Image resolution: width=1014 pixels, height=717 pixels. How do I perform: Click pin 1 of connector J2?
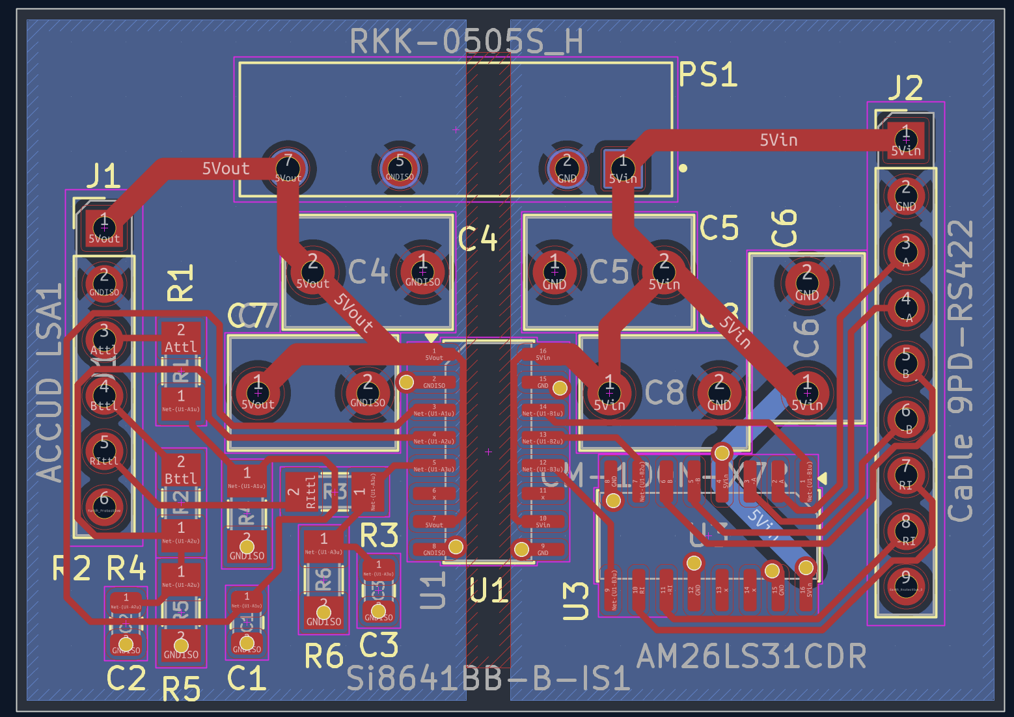point(905,139)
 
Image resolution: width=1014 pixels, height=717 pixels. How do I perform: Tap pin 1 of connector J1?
point(104,228)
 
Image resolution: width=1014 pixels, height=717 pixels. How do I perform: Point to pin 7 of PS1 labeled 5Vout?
point(288,168)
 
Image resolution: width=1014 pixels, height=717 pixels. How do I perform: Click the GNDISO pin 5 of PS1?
point(400,168)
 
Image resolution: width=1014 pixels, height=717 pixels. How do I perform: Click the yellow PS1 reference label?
point(708,75)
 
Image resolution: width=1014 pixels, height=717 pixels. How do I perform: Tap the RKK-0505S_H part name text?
point(466,42)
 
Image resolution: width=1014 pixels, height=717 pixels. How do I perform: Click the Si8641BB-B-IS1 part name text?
point(488,679)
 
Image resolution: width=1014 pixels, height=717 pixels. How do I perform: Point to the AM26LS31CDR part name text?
point(752,657)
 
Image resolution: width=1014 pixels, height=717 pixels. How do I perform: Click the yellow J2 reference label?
point(905,88)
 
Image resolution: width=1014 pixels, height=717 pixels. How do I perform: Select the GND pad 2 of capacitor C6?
point(807,282)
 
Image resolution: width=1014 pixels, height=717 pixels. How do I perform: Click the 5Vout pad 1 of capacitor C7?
point(258,392)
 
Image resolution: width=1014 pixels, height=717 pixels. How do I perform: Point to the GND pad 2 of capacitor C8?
point(719,392)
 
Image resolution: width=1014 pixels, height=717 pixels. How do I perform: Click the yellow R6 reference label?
point(323,656)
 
